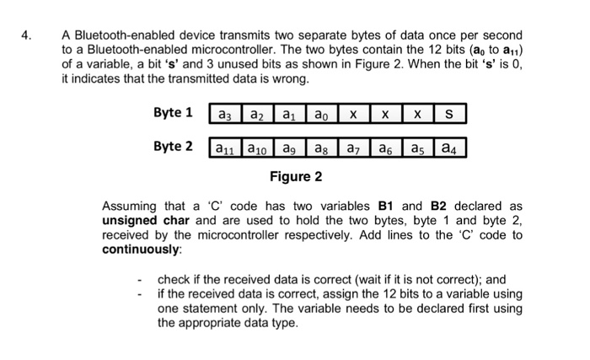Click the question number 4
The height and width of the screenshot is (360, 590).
pos(26,36)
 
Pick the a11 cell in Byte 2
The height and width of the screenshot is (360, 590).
pos(225,148)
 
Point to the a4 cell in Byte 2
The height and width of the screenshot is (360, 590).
pos(449,148)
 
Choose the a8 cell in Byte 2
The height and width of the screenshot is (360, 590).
pos(321,148)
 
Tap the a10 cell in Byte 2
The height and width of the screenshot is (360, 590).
pos(257,148)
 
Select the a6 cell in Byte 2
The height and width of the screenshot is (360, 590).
pos(385,148)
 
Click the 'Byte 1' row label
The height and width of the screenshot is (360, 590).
pos(173,112)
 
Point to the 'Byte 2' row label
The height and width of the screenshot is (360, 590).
pos(173,146)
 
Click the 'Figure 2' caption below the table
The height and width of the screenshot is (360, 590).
pos(296,177)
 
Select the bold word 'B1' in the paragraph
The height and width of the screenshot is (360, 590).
pos(389,206)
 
